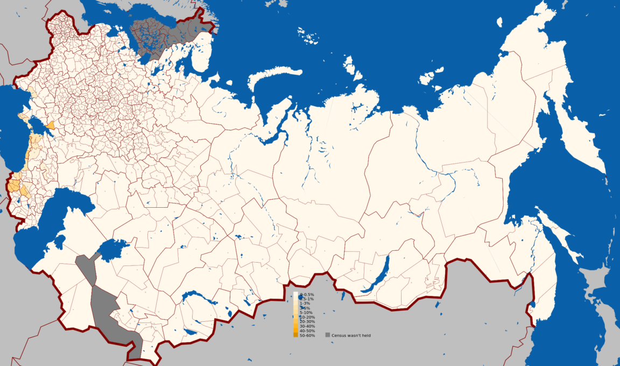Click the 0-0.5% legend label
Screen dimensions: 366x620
(307, 294)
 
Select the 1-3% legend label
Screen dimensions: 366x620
(305, 304)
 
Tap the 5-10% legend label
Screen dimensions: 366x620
(306, 313)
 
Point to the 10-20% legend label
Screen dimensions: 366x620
(307, 317)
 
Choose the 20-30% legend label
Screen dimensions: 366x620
(307, 322)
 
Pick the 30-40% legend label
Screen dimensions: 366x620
(307, 326)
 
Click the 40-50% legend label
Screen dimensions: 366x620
(307, 331)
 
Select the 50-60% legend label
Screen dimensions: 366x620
(307, 335)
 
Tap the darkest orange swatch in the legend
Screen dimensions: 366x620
(296, 335)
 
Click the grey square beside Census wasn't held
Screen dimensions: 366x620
(327, 335)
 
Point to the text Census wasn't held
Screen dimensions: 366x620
(351, 335)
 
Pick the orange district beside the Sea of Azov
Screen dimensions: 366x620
(50, 125)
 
